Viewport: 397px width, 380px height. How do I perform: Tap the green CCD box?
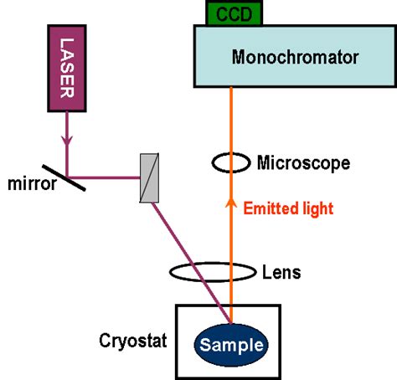coord(234,13)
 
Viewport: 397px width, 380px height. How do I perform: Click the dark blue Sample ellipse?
coord(230,344)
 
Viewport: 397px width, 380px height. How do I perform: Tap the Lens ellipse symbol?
coord(213,272)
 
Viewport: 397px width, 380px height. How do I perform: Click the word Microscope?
coord(303,162)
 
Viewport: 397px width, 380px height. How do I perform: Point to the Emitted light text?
coord(289,208)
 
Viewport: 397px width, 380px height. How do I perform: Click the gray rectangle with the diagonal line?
coord(148,177)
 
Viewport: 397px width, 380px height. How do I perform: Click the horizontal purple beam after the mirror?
coord(109,177)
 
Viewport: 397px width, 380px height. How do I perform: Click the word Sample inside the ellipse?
coord(230,344)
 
